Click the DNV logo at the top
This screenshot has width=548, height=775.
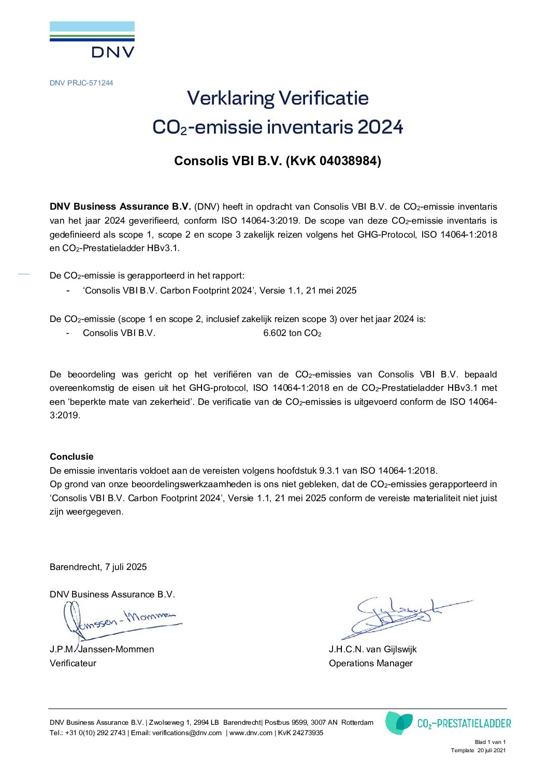tap(92, 39)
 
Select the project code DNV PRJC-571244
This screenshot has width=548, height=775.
tap(81, 83)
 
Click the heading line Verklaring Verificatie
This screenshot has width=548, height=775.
tap(278, 98)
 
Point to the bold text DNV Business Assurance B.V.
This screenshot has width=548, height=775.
tap(121, 207)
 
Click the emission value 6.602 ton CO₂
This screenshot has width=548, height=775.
tap(292, 333)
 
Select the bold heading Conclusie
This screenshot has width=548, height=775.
tap(71, 457)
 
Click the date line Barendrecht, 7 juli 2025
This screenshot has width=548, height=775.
tap(98, 567)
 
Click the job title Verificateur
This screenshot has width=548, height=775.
tap(73, 663)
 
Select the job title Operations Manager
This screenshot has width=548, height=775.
tap(371, 663)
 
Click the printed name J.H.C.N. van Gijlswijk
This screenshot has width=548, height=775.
tap(372, 649)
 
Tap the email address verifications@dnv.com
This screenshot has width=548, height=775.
tap(187, 733)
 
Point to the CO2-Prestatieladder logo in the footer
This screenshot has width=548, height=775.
tap(448, 723)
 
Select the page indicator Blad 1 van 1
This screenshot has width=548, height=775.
tap(490, 742)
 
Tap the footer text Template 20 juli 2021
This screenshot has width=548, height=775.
tap(478, 750)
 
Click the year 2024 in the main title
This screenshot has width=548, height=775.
tap(380, 127)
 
